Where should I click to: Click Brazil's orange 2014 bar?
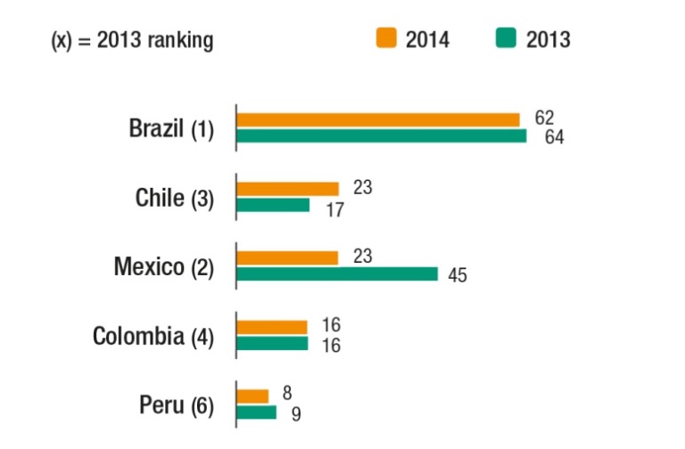[378, 119]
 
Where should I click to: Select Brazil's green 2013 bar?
[382, 135]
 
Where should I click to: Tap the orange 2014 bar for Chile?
[288, 189]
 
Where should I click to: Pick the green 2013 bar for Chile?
[273, 205]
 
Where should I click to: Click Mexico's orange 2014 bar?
[287, 257]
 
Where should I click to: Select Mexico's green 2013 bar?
[337, 273]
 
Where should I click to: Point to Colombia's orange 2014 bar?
[272, 327]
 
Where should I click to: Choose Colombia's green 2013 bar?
[272, 343]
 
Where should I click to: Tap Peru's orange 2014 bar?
[252, 396]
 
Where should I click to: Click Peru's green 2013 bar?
[256, 412]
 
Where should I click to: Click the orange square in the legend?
[386, 38]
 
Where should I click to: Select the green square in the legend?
[507, 38]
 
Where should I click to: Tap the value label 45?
[457, 274]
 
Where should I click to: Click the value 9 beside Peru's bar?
[296, 412]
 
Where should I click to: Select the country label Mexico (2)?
[164, 266]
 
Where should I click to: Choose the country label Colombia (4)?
[153, 336]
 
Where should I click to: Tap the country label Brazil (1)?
[171, 128]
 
